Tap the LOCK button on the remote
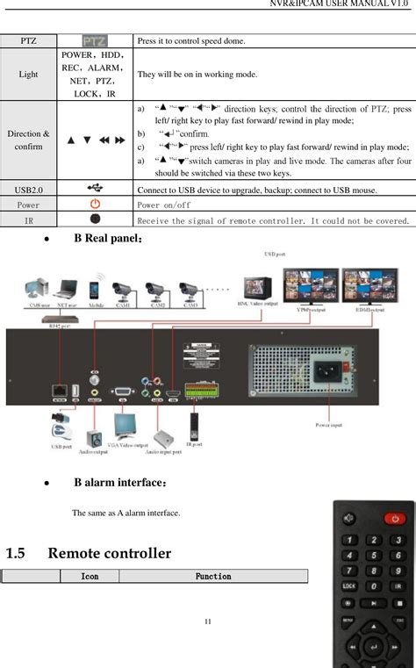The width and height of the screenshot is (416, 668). coord(349,585)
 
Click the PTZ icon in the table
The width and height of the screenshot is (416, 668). coord(96,41)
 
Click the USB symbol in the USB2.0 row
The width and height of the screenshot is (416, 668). coord(96,189)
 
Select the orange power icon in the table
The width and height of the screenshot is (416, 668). coord(96,205)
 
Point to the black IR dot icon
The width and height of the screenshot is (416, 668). coord(96,219)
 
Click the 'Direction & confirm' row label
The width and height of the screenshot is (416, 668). coord(29,140)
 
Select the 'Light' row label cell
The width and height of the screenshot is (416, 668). coord(29,75)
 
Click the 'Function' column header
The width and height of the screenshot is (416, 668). coord(212,576)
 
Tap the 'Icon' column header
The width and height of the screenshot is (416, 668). coord(89,576)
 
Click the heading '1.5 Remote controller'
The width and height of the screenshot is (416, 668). coord(88,553)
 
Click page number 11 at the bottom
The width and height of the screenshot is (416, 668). coord(208,622)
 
